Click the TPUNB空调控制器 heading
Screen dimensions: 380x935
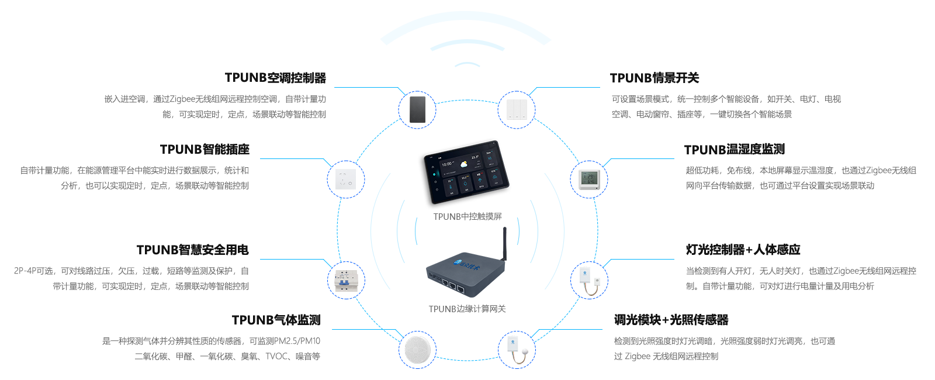pyautogui.click(x=276, y=78)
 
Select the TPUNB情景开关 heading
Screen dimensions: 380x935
pyautogui.click(x=654, y=78)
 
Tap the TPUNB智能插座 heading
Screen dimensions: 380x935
pyautogui.click(x=205, y=149)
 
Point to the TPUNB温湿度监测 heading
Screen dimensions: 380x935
pyautogui.click(x=735, y=149)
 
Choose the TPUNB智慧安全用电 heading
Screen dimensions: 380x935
pyautogui.click(x=192, y=250)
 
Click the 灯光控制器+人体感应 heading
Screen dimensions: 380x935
pyautogui.click(x=743, y=250)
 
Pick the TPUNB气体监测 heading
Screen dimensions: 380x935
pyautogui.click(x=276, y=320)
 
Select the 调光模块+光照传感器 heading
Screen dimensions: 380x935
pyautogui.click(x=671, y=320)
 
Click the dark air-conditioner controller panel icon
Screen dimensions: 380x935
pyautogui.click(x=417, y=109)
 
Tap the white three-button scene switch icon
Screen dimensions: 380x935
pyautogui.click(x=517, y=109)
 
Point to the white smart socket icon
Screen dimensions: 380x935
pyautogui.click(x=346, y=179)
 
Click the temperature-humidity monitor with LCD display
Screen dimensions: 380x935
pyautogui.click(x=589, y=179)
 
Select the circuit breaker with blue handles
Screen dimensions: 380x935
pyautogui.click(x=346, y=281)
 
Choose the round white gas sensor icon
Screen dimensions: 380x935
pyautogui.click(x=417, y=350)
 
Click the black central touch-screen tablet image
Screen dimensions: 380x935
pyautogui.click(x=465, y=174)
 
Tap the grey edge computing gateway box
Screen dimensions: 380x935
pyautogui.click(x=466, y=263)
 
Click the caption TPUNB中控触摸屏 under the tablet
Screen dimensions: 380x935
pyautogui.click(x=467, y=216)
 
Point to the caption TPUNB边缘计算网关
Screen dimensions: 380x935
pyautogui.click(x=467, y=309)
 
